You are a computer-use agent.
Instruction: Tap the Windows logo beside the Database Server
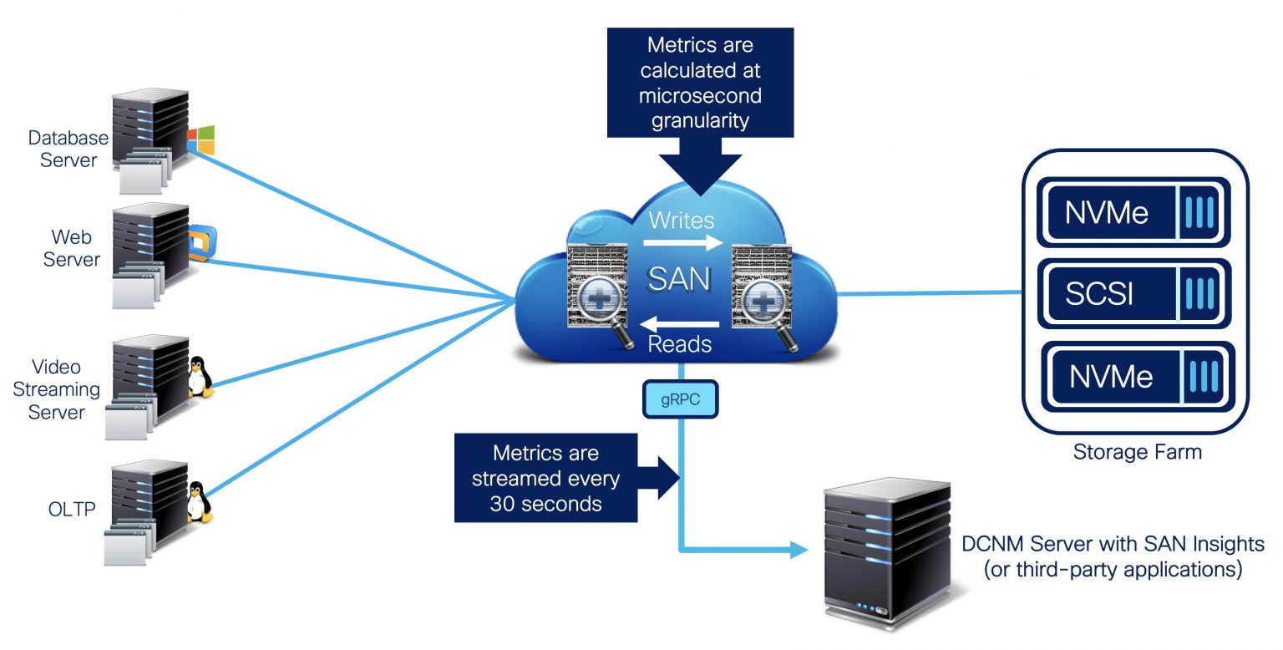coord(200,140)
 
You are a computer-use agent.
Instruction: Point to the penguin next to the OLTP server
coord(198,501)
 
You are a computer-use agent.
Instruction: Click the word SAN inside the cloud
coord(680,279)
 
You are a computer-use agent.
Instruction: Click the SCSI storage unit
coord(1133,293)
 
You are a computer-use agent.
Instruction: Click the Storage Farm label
coord(1137,453)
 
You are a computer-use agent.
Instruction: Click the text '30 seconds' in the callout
coord(546,504)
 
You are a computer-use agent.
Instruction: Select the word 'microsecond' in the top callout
coord(699,95)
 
